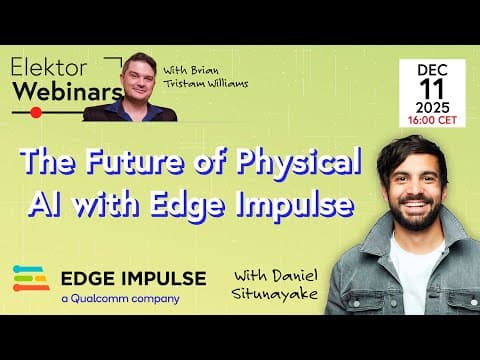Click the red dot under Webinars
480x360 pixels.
(36, 112)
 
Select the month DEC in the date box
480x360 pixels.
(433, 70)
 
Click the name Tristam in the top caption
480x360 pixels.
(193, 83)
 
